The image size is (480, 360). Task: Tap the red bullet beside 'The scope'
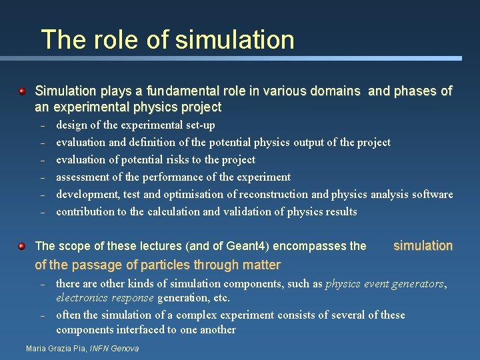point(22,246)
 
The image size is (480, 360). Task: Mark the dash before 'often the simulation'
point(41,315)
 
